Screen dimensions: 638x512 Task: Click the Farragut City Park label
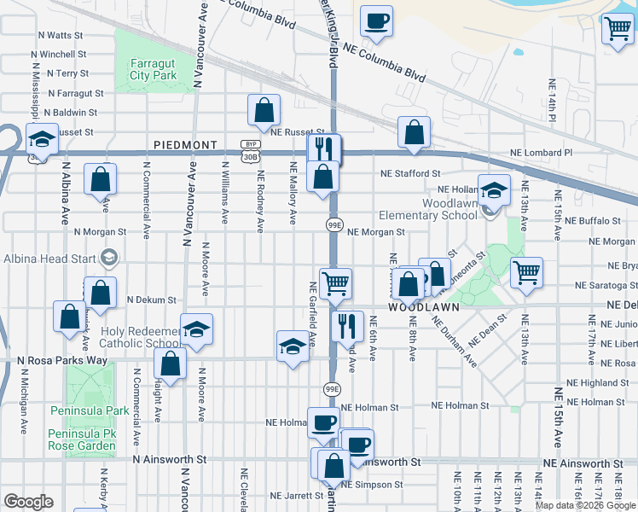(153, 69)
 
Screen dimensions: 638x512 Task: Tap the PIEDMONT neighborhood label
(186, 145)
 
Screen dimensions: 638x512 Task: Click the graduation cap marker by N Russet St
(40, 137)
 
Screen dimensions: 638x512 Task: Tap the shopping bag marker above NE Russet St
(264, 108)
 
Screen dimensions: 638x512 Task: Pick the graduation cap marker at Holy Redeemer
(196, 329)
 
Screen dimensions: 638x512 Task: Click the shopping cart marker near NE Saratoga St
(527, 272)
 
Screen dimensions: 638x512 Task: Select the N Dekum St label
(151, 300)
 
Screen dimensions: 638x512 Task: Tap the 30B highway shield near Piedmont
(249, 157)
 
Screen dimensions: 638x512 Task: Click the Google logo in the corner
(28, 502)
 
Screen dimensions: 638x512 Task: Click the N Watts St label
(61, 36)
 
